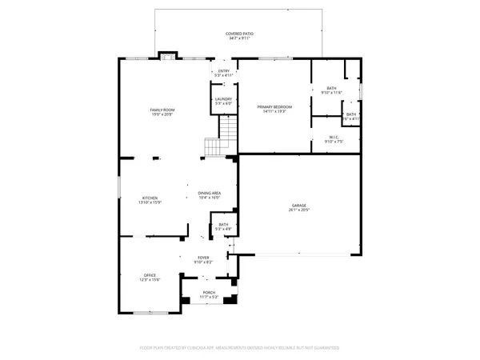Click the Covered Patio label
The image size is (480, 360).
[x=239, y=34]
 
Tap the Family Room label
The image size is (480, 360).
[x=162, y=110]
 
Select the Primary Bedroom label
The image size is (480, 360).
[x=274, y=106]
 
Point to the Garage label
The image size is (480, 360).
[x=298, y=206]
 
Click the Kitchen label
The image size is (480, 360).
[x=150, y=198]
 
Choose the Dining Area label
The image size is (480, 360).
[x=210, y=194]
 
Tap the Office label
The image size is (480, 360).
[x=150, y=275]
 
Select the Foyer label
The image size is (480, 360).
[x=203, y=258]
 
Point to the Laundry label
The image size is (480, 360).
[x=223, y=99]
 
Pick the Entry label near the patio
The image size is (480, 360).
[x=224, y=71]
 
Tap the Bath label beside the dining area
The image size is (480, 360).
[x=224, y=225]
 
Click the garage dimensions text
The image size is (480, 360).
[x=298, y=210]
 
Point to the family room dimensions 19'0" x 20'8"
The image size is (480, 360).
[x=162, y=114]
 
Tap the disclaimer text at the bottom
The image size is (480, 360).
[x=239, y=348]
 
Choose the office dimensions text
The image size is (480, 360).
[x=150, y=280]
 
